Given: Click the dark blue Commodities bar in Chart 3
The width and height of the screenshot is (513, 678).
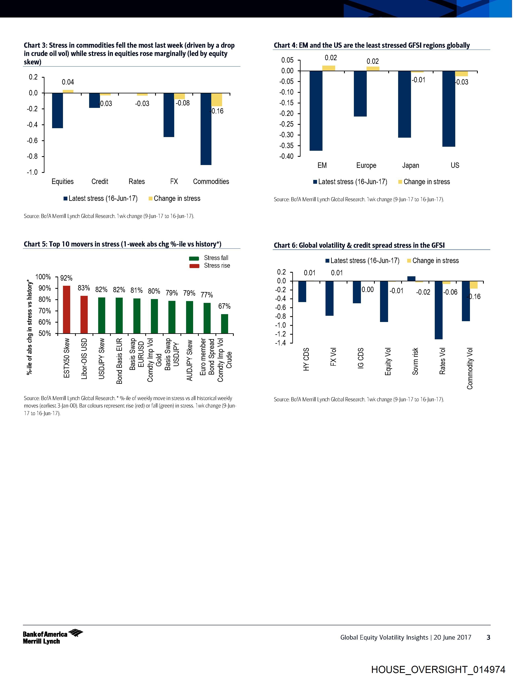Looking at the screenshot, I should click(206, 129).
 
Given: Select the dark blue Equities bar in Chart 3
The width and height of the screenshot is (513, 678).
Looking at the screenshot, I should click(57, 110).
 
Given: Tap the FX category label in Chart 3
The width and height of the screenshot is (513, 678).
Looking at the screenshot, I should click(174, 182).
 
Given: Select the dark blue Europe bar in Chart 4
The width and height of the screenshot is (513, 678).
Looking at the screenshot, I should click(360, 94).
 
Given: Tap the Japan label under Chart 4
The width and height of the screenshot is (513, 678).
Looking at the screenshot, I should click(410, 165).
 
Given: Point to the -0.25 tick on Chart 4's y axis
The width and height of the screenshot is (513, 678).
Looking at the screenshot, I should click(286, 124).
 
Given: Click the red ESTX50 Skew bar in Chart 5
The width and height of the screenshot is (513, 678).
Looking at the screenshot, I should click(67, 309).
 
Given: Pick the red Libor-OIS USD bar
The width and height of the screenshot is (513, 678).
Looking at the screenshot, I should click(84, 314).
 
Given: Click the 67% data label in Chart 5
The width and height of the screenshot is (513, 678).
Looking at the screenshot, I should click(224, 306).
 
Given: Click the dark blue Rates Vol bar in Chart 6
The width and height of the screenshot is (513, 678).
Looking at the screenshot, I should click(439, 310).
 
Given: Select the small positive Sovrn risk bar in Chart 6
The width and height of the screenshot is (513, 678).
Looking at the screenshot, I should click(411, 279).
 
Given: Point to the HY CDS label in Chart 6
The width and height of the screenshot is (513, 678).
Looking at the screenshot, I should click(306, 359).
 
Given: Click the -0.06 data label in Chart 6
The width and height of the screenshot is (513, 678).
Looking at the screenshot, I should click(450, 292).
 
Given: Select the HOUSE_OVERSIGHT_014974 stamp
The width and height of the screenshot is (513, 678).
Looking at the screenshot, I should click(438, 669).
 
